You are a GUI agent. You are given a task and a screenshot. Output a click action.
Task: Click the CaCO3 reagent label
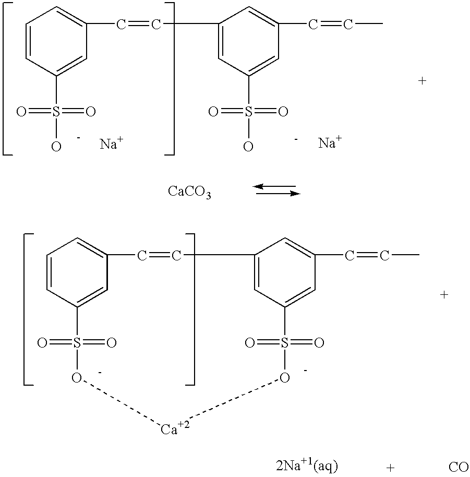pos(189,192)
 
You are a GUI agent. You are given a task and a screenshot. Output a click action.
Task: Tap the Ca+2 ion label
pos(175,427)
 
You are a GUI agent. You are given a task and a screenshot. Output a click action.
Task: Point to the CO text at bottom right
pos(459,467)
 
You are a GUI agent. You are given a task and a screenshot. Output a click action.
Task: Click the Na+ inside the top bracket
pos(112,143)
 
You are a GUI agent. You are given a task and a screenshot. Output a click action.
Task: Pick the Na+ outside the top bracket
pos(330,142)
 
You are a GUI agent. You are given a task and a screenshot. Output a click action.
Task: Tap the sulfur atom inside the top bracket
pos(56,112)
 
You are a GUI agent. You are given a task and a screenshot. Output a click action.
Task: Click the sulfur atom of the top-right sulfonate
pos(248,112)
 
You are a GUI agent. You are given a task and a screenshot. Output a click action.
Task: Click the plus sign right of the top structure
pos(423,81)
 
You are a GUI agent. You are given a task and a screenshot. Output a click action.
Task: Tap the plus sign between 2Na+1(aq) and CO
pos(390,468)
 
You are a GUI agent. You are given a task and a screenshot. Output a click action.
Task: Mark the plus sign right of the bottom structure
pos(444,294)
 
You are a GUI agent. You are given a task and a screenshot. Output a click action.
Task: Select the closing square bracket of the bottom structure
pos(194,309)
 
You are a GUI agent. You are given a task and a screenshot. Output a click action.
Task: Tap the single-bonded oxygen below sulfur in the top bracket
pos(56,147)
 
